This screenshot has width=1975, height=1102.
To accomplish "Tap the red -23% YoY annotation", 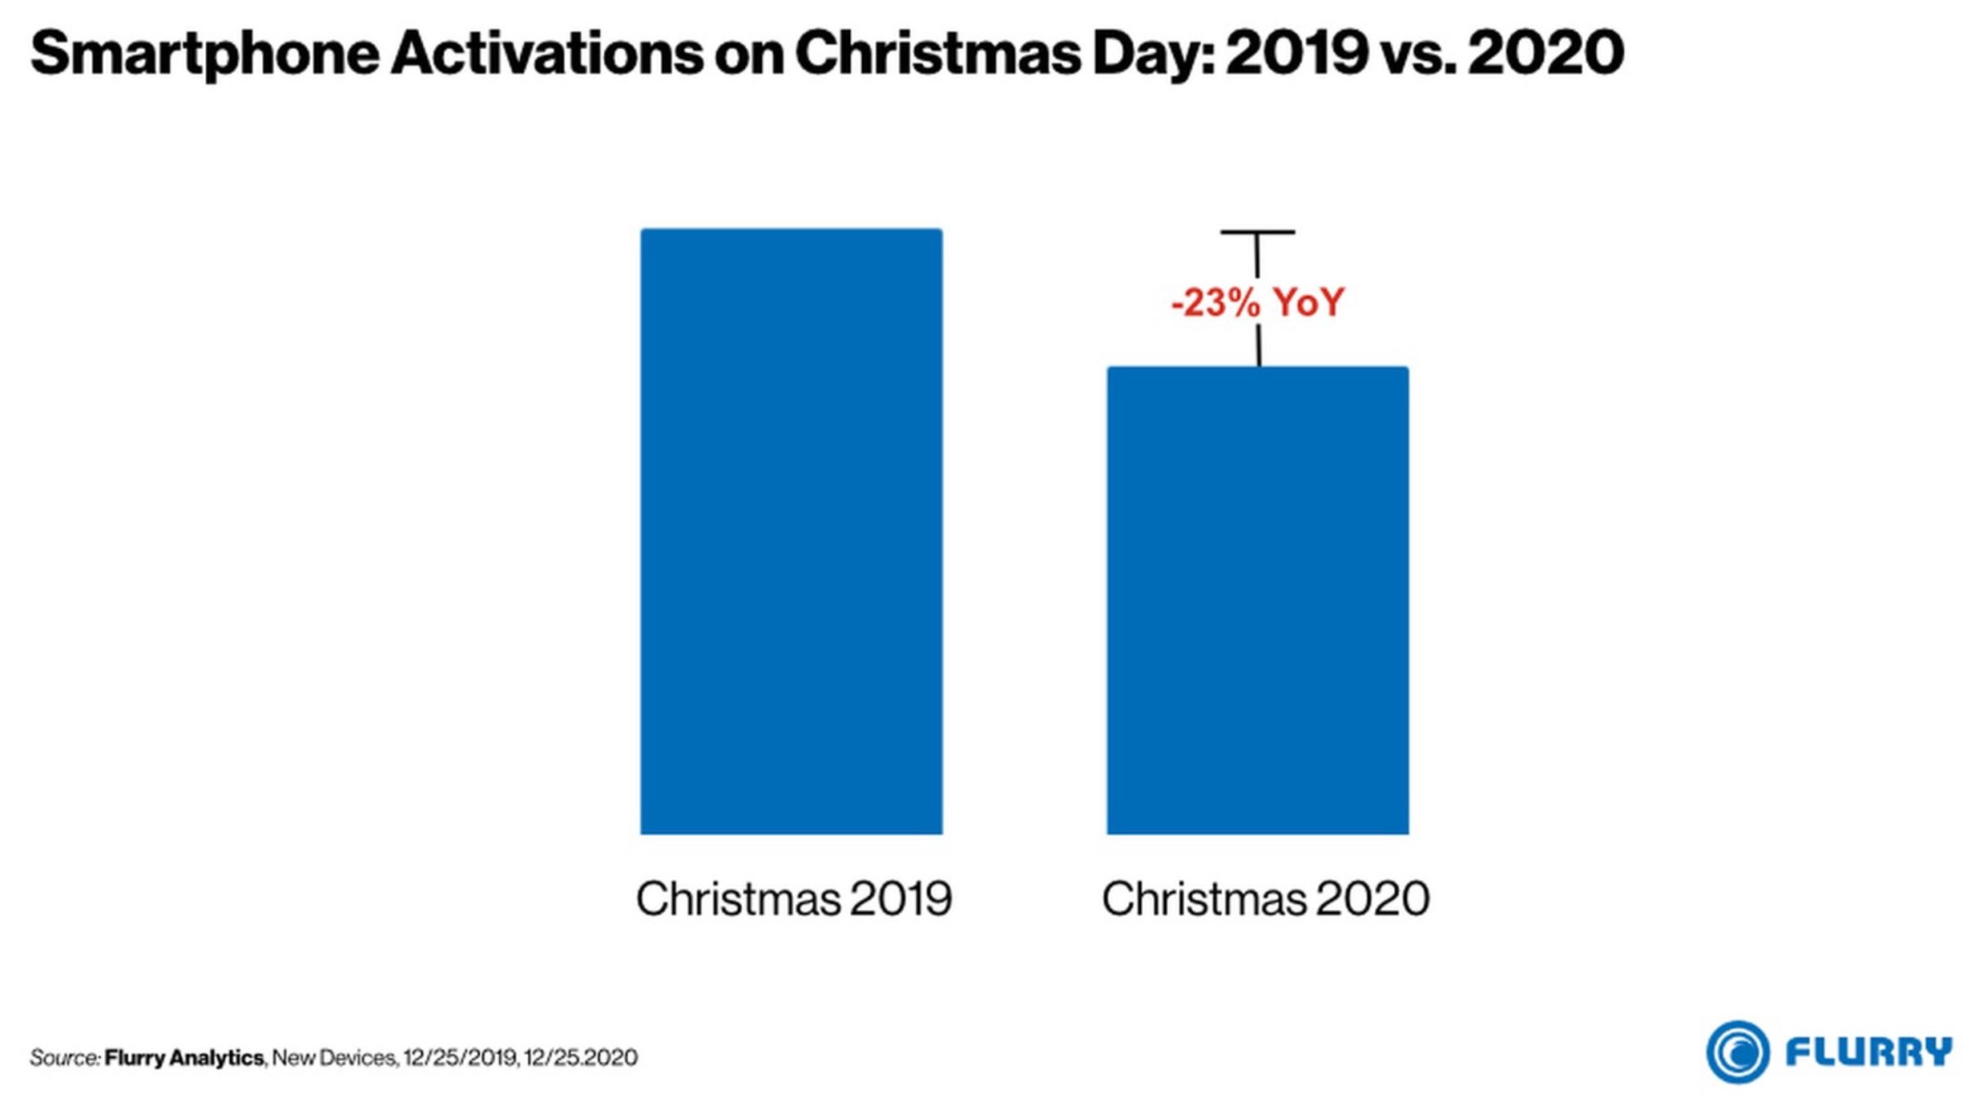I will point(1257,302).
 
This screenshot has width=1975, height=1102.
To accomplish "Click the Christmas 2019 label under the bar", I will point(793,898).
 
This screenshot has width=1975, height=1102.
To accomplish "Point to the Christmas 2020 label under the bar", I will point(1265,898).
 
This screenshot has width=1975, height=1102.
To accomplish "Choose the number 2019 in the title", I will point(1297,54).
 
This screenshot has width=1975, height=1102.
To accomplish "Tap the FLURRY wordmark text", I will point(1869,1051).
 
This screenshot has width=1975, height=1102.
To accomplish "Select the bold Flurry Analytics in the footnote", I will point(184,1057).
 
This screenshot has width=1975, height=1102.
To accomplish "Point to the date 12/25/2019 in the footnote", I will point(460,1057).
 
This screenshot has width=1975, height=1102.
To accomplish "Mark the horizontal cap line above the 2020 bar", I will point(1257,231).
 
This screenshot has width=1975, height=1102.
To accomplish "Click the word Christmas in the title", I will point(937,54).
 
